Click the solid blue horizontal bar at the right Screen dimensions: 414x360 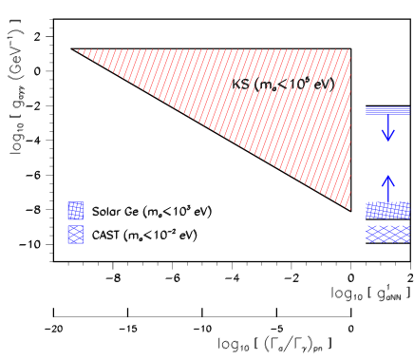pyautogui.click(x=387, y=110)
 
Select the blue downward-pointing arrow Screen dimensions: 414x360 pyautogui.click(x=387, y=128)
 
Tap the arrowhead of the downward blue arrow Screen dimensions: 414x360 pyautogui.click(x=387, y=138)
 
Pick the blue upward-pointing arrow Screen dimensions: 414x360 pyautogui.click(x=387, y=188)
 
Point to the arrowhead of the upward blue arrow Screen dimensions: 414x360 pyautogui.click(x=387, y=179)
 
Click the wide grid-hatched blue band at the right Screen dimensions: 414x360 pyautogui.click(x=387, y=210)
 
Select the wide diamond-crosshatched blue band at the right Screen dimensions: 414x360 pyautogui.click(x=387, y=233)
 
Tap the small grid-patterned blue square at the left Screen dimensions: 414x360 pyautogui.click(x=75, y=210)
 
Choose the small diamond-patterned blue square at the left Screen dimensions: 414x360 pyautogui.click(x=75, y=234)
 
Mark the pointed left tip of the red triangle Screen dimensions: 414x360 pyautogui.click(x=80, y=50)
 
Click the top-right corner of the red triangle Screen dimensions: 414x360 pyautogui.click(x=349, y=50)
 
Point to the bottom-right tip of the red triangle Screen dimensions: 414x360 pyautogui.click(x=349, y=208)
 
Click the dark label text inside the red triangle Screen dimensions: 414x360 pyautogui.click(x=280, y=85)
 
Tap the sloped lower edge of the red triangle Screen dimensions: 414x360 pyautogui.click(x=215, y=129)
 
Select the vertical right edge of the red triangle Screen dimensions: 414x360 pyautogui.click(x=349, y=129)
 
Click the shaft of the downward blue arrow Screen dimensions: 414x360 pyautogui.click(x=387, y=123)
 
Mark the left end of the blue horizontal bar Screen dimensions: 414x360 pyautogui.click(x=367, y=110)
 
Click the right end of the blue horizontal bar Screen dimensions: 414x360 pyautogui.click(x=408, y=110)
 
